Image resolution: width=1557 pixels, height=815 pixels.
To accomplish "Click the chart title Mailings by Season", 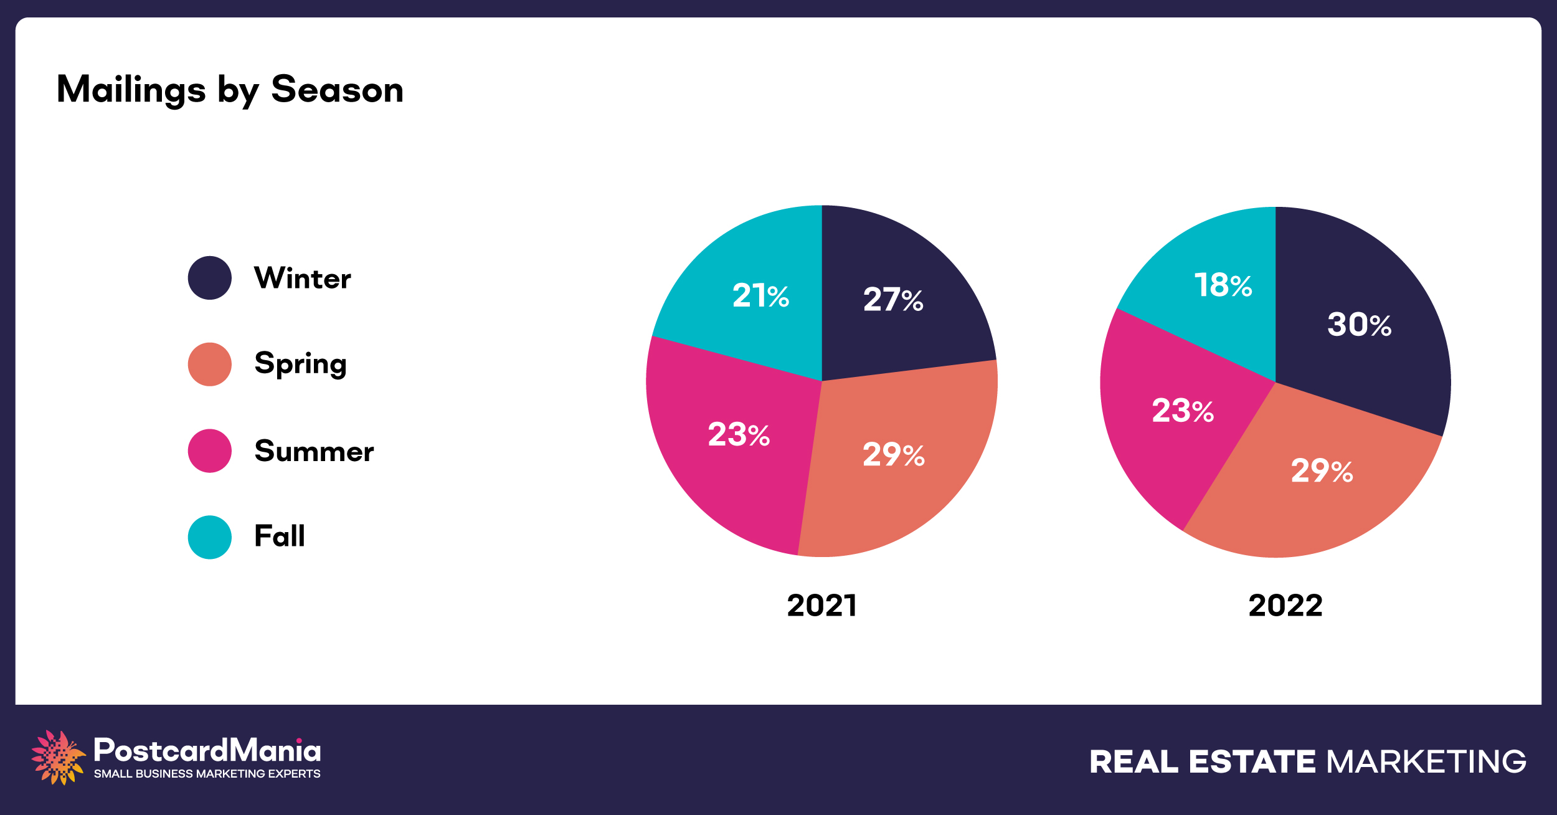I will [x=230, y=90].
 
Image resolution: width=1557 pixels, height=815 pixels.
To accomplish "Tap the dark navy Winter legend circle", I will [x=210, y=278].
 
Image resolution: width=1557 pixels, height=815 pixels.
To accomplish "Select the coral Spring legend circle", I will [x=210, y=365].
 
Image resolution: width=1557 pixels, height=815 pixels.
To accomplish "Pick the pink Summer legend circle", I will [x=210, y=450].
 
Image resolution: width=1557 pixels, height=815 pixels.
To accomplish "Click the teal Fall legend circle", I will [x=210, y=537].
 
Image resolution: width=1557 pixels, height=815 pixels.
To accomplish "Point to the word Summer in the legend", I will [x=314, y=451].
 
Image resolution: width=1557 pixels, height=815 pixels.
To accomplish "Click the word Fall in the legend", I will [x=280, y=536].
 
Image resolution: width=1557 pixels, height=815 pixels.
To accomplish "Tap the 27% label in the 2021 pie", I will [x=893, y=300].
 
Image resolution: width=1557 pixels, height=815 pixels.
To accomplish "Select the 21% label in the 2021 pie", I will [x=760, y=295].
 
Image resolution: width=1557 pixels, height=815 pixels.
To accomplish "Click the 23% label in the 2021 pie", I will [x=739, y=435].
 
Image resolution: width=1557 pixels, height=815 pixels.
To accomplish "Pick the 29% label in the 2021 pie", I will [x=893, y=455].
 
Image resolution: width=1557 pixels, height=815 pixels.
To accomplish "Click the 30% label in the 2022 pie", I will [x=1359, y=325].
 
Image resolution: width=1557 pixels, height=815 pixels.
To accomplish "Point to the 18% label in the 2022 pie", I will [x=1223, y=285].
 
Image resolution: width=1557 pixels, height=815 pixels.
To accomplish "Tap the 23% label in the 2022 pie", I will [x=1183, y=411].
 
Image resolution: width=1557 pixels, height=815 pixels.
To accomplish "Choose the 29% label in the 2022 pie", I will [x=1322, y=471].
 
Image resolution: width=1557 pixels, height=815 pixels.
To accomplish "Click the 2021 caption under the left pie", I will [x=822, y=606].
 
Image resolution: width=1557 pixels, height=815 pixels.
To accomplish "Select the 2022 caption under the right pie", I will [x=1285, y=606].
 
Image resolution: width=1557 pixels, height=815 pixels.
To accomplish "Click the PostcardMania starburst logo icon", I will [x=58, y=757].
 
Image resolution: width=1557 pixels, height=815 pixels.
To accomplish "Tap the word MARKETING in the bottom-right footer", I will [x=1426, y=762].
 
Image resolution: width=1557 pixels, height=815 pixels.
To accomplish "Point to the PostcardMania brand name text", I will [x=207, y=751].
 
